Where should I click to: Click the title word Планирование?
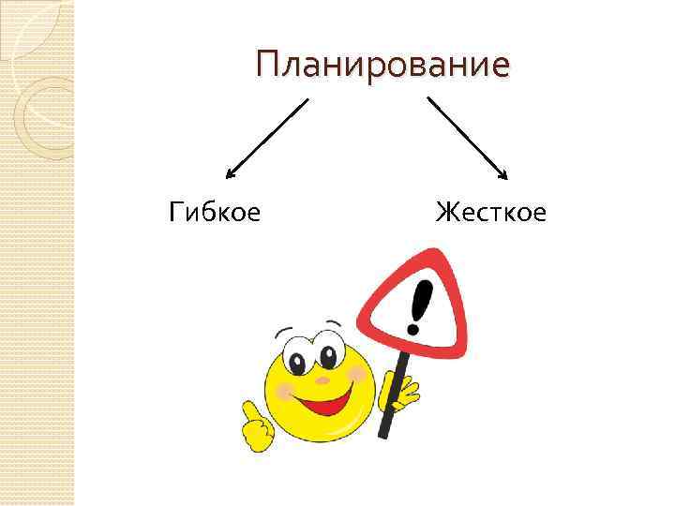pyautogui.click(x=383, y=66)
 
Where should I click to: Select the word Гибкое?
pyautogui.click(x=215, y=212)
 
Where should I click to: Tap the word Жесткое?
pyautogui.click(x=490, y=212)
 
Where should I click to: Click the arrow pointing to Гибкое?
pyautogui.click(x=267, y=139)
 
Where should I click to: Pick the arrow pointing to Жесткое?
pyautogui.click(x=467, y=137)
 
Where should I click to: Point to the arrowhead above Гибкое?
pyautogui.click(x=231, y=173)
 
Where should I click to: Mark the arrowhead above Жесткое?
pyautogui.click(x=503, y=174)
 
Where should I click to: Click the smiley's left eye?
pyautogui.click(x=296, y=361)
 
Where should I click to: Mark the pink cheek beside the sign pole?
pyautogui.click(x=357, y=375)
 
